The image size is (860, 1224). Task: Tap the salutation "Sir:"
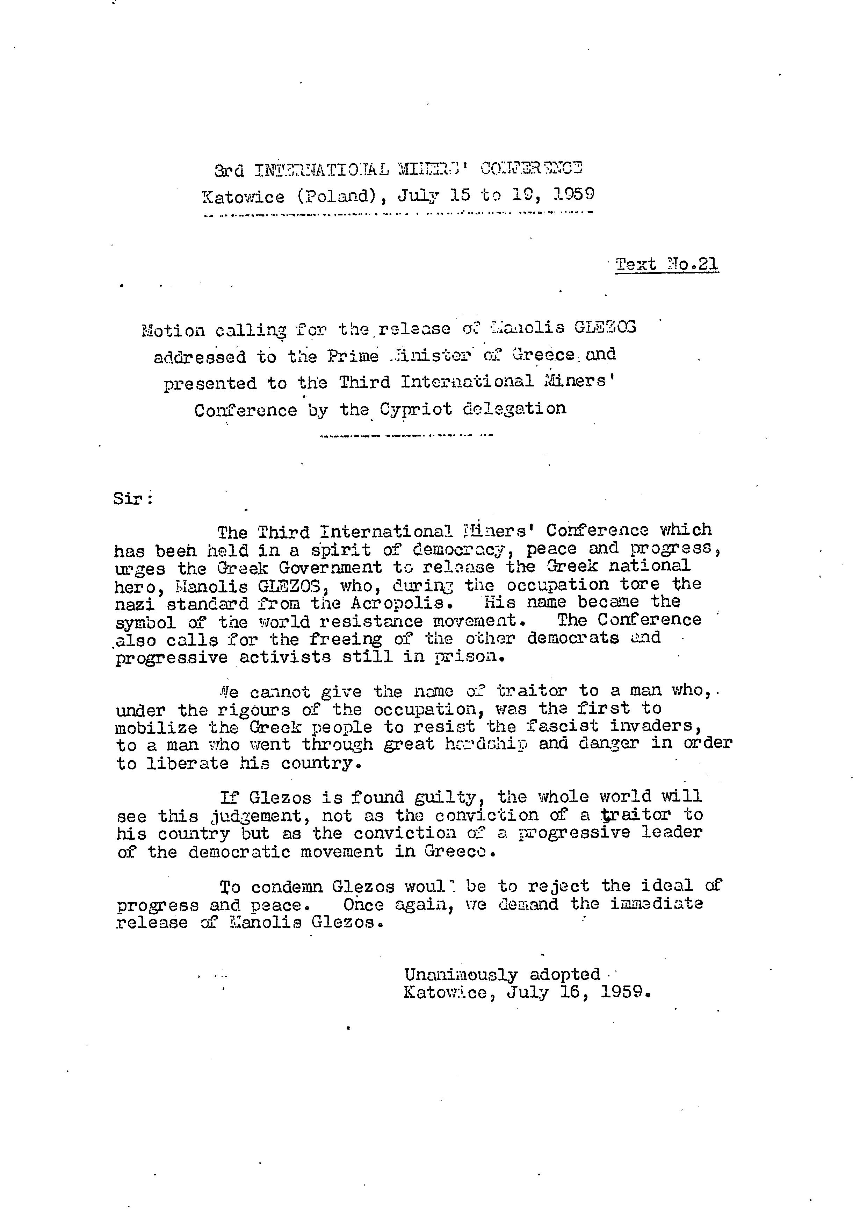[x=133, y=499]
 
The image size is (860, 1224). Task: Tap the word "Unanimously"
[x=460, y=975]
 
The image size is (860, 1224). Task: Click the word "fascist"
[x=562, y=726]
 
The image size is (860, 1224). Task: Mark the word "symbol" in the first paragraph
[x=146, y=622]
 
